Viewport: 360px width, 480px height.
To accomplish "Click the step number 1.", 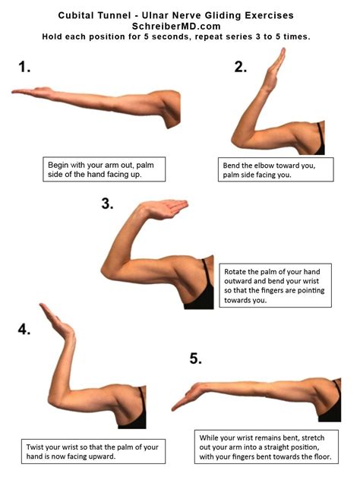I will click(x=25, y=67).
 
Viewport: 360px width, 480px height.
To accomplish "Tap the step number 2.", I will click(x=241, y=67).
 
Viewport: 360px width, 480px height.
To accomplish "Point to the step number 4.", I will click(x=25, y=328).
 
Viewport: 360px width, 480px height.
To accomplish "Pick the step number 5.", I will click(x=196, y=358).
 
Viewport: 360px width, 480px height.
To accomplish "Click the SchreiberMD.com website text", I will click(x=179, y=25).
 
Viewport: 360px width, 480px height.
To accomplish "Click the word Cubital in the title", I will click(x=83, y=14).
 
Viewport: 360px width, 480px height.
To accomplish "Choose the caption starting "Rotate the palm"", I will click(x=276, y=285).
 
